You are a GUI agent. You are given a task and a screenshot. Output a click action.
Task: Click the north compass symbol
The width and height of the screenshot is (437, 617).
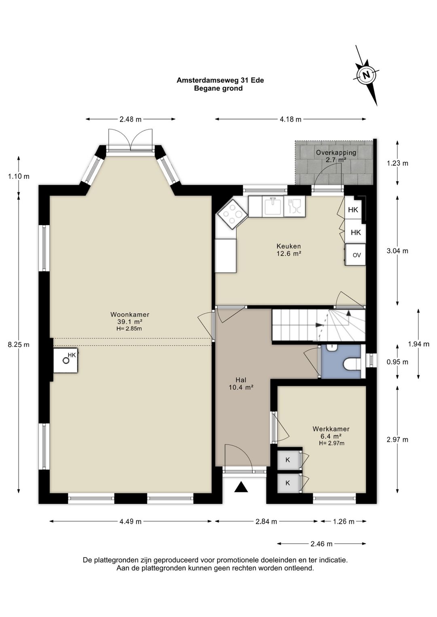[366, 75]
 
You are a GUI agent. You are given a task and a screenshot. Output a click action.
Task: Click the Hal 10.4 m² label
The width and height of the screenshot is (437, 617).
[241, 384]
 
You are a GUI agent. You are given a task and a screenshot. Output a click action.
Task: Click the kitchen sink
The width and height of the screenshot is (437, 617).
[273, 207]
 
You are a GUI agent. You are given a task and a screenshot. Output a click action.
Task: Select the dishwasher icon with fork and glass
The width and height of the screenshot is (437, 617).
[295, 206]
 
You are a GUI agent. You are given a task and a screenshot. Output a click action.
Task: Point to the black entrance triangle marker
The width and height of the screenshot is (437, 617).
[241, 487]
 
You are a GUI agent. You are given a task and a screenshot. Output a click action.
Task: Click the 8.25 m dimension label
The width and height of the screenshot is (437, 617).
[19, 344]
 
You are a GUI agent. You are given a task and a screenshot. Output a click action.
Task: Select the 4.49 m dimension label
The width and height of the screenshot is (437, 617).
[130, 521]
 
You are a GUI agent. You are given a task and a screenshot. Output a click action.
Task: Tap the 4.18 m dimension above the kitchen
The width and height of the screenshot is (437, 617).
[291, 119]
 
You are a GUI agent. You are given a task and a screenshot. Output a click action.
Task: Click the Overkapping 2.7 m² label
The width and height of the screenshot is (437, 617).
[336, 156]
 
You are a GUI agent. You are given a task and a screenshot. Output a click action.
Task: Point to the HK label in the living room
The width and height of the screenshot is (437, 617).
[72, 355]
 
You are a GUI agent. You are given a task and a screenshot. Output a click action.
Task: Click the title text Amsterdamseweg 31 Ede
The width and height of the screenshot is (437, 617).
[220, 80]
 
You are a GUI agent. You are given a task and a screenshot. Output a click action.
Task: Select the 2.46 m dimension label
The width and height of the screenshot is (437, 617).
[321, 544]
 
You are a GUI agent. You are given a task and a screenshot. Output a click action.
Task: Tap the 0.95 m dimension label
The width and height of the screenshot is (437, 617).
[397, 362]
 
